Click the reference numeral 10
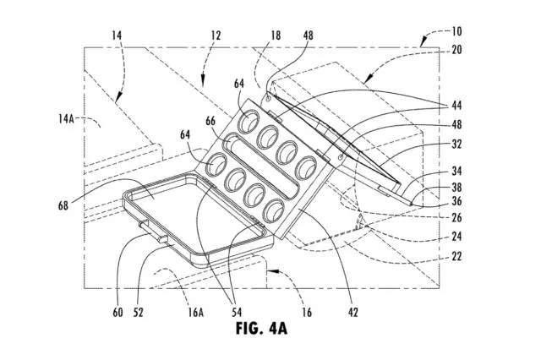[456, 32]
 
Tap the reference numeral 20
[456, 50]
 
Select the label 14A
[66, 119]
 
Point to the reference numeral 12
[216, 35]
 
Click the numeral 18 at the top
[276, 35]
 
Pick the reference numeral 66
[210, 121]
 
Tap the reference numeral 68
[63, 205]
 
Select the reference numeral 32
[456, 145]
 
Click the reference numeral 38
[456, 188]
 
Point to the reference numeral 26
[456, 217]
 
